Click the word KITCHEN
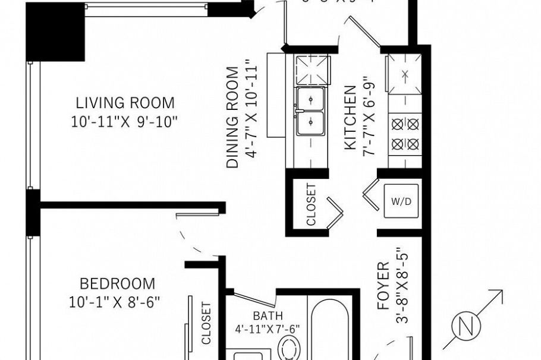pyautogui.click(x=351, y=118)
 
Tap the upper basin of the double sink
pyautogui.click(x=311, y=97)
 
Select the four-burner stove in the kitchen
pyautogui.click(x=405, y=134)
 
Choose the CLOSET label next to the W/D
pyautogui.click(x=311, y=204)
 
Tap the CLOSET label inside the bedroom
pyautogui.click(x=206, y=324)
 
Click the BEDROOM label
pyautogui.click(x=117, y=283)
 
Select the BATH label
pyautogui.click(x=268, y=315)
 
